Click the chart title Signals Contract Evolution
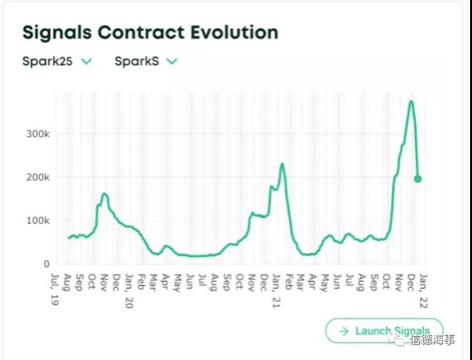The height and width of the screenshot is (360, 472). point(150,33)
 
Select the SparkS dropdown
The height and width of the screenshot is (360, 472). point(145,61)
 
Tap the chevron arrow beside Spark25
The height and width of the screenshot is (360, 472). point(87,61)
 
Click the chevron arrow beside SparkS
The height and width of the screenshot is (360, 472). point(171,61)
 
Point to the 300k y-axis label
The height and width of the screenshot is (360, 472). point(38,134)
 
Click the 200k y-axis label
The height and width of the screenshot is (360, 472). point(38,177)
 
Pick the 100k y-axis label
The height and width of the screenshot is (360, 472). point(38,221)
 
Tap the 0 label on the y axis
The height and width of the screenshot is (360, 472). point(47,264)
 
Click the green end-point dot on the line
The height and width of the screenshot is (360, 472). point(418,179)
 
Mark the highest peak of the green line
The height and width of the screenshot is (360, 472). point(411,101)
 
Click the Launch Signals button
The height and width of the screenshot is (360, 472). point(384,331)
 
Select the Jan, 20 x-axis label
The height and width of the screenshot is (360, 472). point(128,290)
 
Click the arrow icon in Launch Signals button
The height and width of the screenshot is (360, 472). point(344,331)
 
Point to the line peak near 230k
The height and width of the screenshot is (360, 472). point(282,164)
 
